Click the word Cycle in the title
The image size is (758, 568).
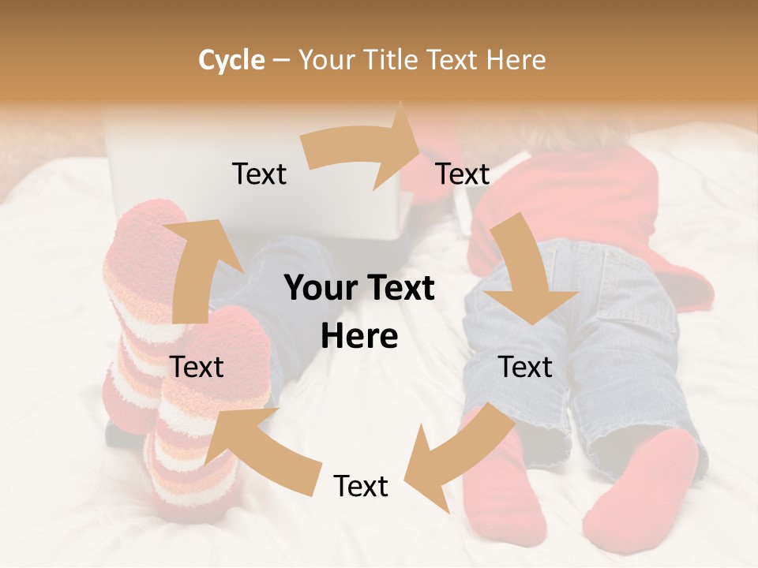(231, 60)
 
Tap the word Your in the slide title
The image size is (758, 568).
(325, 60)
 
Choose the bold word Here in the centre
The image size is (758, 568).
(359, 337)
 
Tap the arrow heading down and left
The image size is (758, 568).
(458, 458)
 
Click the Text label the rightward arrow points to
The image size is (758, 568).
(463, 174)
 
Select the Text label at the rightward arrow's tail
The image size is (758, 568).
(260, 174)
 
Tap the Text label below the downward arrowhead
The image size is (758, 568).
(525, 368)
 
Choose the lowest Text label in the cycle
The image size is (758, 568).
(361, 487)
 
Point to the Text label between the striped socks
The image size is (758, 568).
(197, 368)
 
